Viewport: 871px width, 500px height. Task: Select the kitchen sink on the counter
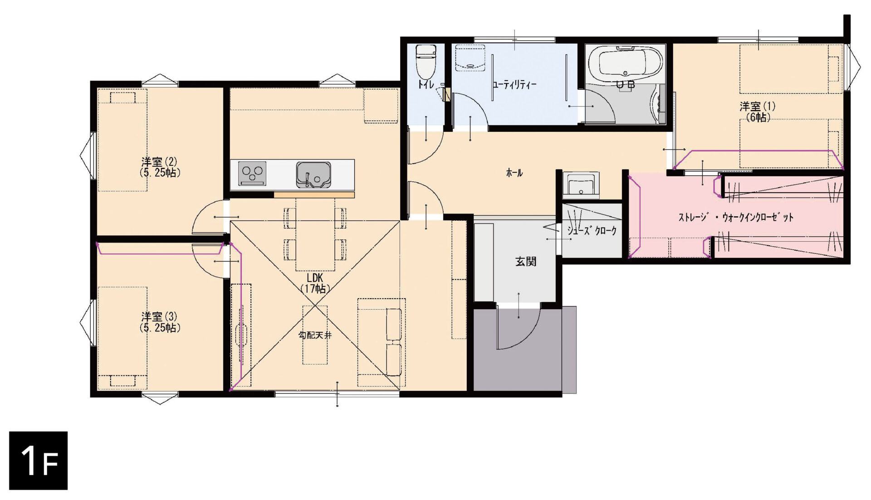tap(313, 175)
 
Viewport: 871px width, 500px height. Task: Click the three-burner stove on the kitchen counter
tap(252, 173)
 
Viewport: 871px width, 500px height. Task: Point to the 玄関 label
tap(526, 262)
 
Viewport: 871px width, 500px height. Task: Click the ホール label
tap(514, 173)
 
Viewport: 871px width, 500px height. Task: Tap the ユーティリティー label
tap(514, 85)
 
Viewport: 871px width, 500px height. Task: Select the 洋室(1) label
tap(758, 107)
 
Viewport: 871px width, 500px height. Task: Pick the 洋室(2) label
tap(159, 162)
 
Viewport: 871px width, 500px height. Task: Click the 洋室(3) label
tap(159, 316)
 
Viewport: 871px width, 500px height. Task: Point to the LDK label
tap(315, 277)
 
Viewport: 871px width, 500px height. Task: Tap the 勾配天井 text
tap(315, 335)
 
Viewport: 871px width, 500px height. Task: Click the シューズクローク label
tap(592, 230)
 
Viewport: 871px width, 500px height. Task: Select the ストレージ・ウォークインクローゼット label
tap(736, 217)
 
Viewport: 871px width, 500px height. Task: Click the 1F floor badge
tap(39, 461)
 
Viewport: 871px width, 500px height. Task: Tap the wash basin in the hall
tap(581, 184)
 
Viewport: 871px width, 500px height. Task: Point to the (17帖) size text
tap(315, 288)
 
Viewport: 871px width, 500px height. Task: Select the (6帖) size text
tap(758, 117)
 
